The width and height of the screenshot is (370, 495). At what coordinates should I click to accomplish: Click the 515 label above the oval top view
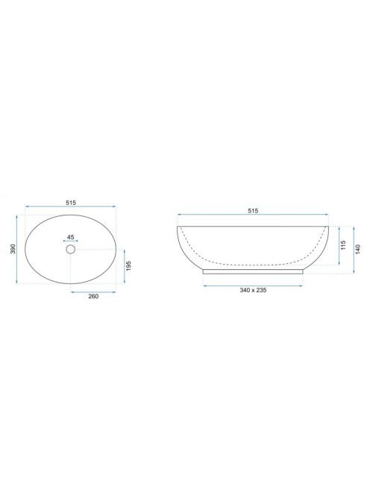[x=71, y=203]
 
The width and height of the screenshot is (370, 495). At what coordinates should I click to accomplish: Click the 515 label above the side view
[x=253, y=210]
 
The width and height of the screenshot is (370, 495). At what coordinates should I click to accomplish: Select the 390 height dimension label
[x=13, y=249]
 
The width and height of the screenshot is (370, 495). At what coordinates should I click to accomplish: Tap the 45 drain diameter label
[x=70, y=237]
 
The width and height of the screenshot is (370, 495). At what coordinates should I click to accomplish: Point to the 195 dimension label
[x=129, y=266]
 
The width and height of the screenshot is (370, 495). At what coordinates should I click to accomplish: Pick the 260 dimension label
[x=93, y=296]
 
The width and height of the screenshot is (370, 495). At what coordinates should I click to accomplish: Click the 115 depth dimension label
[x=344, y=245]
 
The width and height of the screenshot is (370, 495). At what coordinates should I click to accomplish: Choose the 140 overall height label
[x=358, y=250]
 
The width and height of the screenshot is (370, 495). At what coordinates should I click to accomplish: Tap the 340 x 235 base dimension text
[x=253, y=290]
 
